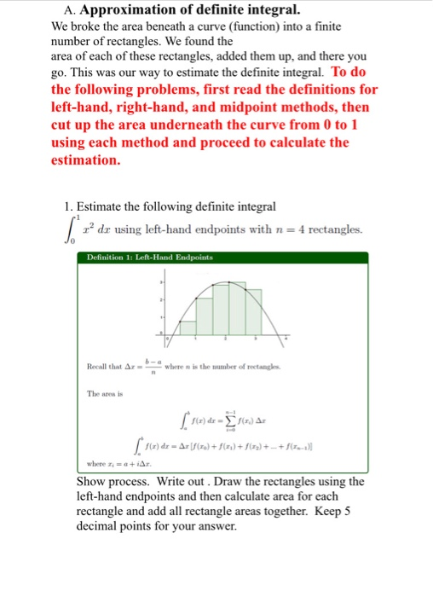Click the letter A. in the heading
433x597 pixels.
point(72,11)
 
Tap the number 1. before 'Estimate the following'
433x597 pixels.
point(69,206)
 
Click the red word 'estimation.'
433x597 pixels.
point(85,159)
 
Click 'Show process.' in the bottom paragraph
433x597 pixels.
point(101,482)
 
